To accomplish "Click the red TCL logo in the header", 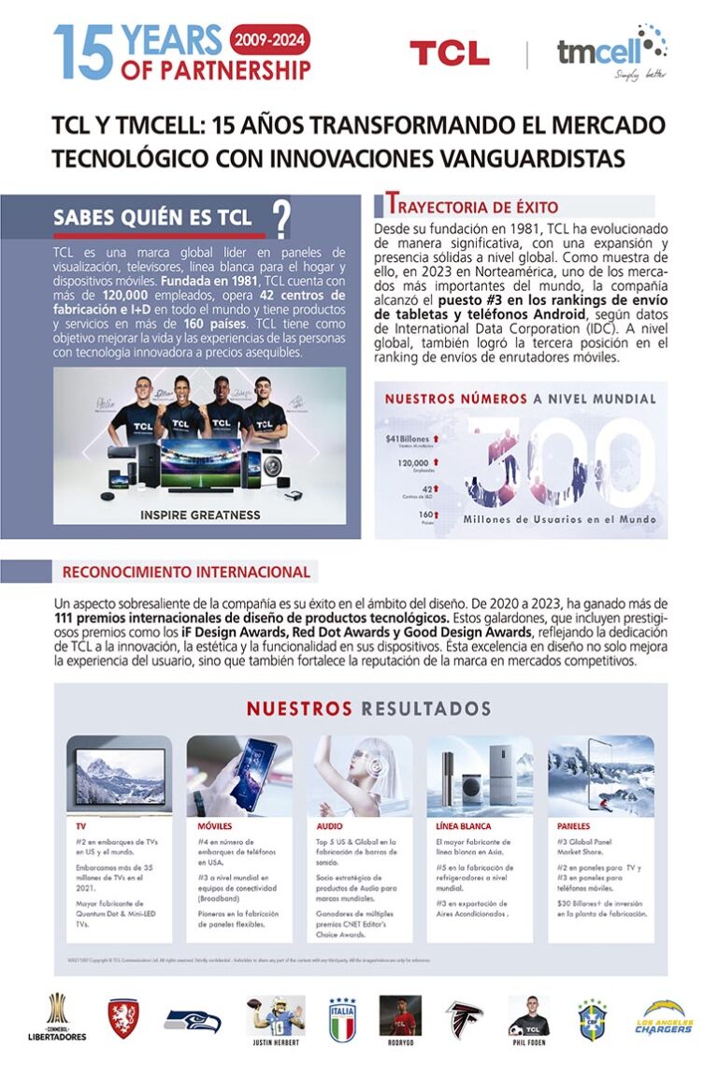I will click(x=449, y=53).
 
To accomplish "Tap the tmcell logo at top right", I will click(x=611, y=51).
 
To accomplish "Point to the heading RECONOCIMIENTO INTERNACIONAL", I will click(x=186, y=572).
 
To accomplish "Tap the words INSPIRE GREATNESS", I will click(x=199, y=515).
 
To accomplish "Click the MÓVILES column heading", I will click(x=215, y=826).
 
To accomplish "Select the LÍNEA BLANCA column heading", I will click(x=463, y=826).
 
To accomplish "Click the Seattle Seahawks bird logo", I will click(x=193, y=1019).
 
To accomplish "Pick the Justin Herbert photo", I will click(x=276, y=1014).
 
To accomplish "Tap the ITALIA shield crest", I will click(x=342, y=1019).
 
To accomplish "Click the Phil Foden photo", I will click(x=528, y=1014).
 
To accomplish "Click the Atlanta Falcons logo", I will click(x=464, y=1018).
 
